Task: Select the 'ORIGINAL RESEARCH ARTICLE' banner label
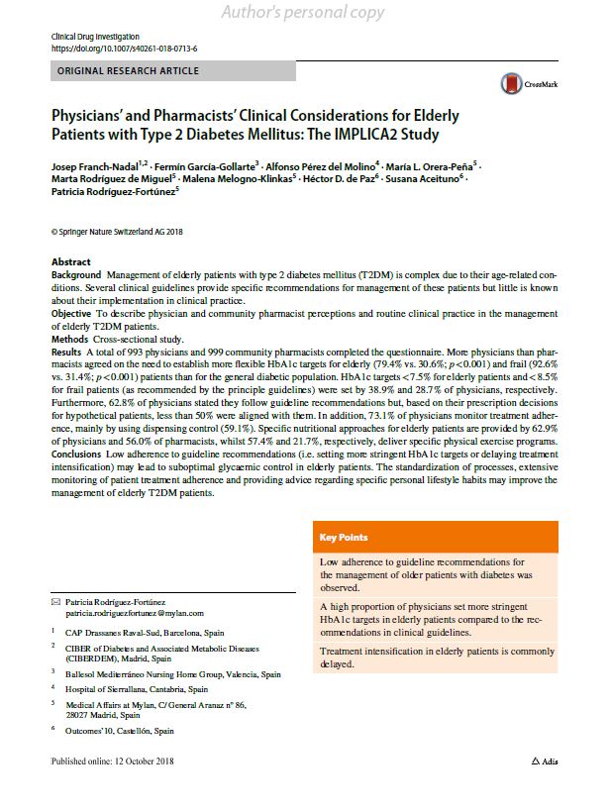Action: point(129,71)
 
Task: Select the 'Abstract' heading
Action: point(70,262)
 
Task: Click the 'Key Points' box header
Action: point(343,538)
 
